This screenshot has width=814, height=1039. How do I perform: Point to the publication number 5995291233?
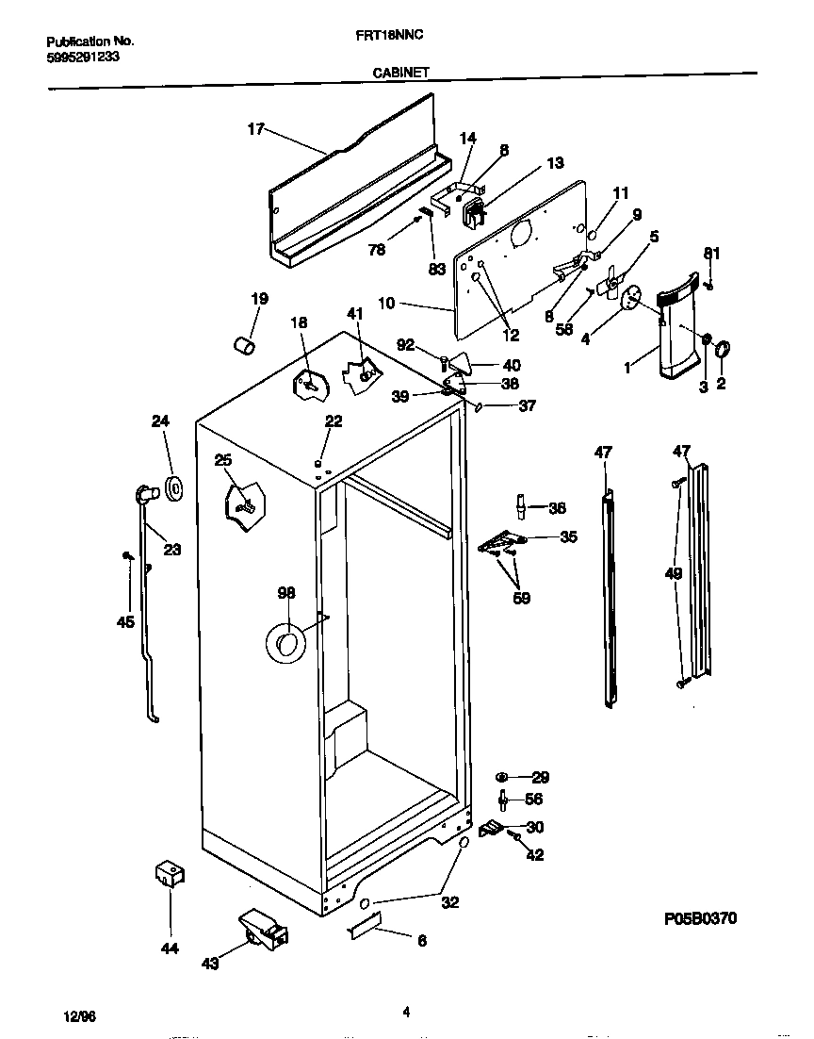pos(83,57)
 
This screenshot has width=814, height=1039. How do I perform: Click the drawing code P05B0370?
pos(697,917)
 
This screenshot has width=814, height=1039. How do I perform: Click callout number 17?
pos(255,130)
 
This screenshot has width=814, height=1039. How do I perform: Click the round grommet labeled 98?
pos(285,643)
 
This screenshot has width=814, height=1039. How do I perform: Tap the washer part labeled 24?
pos(173,488)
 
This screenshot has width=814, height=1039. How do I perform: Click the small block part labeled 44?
pos(169,874)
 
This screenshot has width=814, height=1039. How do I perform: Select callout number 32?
pos(450,902)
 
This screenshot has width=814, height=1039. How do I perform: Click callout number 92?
pos(406,345)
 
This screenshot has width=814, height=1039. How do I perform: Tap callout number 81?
pos(712,252)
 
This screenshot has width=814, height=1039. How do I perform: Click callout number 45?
pos(124,621)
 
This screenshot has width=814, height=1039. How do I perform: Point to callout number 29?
pos(540,777)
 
